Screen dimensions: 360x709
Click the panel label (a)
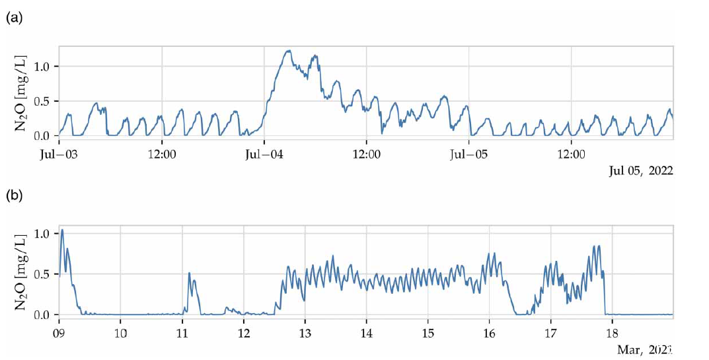coord(15,18)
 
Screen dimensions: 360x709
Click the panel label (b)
coord(15,196)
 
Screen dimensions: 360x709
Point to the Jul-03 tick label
coord(59,155)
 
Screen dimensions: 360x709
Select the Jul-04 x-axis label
coord(264,155)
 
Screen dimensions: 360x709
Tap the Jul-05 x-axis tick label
coord(468,155)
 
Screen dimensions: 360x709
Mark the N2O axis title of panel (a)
coord(20,91)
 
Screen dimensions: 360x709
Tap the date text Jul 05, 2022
coord(640,171)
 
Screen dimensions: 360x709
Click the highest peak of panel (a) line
coord(288,51)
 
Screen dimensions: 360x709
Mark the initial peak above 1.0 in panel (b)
coord(62,230)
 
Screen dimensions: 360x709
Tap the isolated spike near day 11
coord(189,273)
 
